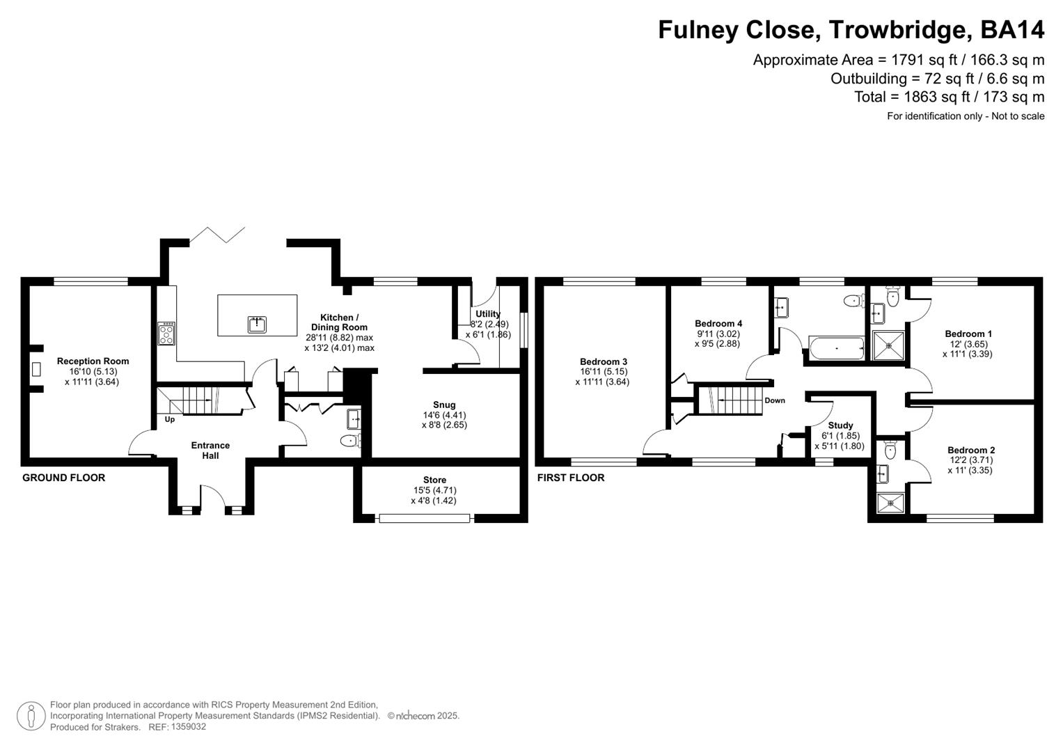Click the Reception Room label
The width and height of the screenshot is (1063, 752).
(x=93, y=361)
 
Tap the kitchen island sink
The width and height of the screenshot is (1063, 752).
(x=258, y=324)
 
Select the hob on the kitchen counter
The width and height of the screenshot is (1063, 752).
(x=166, y=334)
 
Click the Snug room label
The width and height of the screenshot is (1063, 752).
(x=444, y=405)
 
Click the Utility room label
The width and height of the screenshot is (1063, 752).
(x=488, y=314)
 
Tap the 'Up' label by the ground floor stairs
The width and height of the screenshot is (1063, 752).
(x=170, y=419)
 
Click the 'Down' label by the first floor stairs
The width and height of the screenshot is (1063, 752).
(x=775, y=400)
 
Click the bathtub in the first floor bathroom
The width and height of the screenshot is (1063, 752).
(x=836, y=346)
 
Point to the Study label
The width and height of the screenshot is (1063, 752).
(x=841, y=425)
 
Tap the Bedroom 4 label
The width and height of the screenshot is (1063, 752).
(x=718, y=323)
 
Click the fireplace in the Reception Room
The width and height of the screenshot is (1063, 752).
(x=36, y=369)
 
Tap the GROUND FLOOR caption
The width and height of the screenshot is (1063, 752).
(x=64, y=478)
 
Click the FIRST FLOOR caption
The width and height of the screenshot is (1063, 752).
(x=571, y=478)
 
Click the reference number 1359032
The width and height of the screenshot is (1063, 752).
(x=187, y=727)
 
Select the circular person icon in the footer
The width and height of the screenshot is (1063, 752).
(x=31, y=716)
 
